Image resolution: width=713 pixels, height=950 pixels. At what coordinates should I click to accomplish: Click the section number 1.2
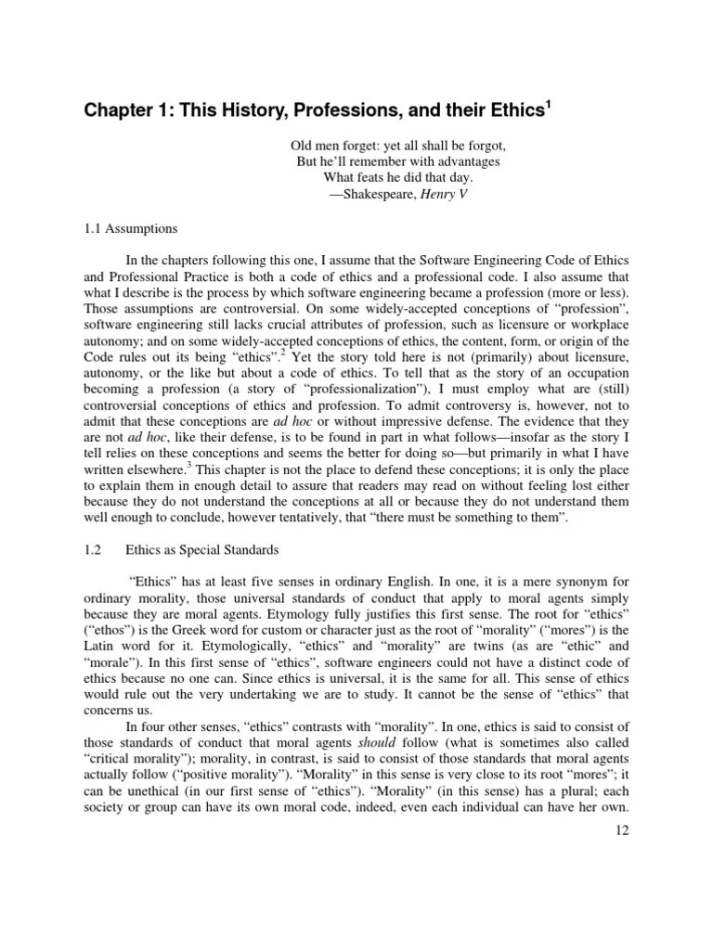[x=92, y=549]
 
